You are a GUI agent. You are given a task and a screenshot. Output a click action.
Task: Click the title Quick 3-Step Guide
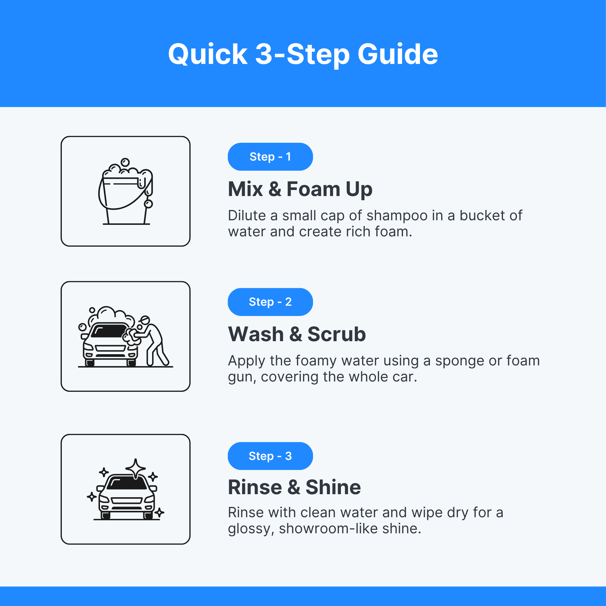click(303, 54)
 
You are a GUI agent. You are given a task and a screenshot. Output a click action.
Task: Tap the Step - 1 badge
click(270, 157)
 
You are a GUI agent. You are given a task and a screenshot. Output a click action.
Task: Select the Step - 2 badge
click(270, 302)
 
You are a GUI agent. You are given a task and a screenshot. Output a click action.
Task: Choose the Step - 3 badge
click(270, 456)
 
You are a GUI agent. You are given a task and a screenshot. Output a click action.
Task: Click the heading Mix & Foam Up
click(300, 189)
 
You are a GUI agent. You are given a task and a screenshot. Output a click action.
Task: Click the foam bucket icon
click(125, 191)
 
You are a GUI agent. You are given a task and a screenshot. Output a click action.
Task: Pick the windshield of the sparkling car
click(126, 483)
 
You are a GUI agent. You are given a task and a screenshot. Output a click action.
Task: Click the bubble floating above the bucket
click(125, 162)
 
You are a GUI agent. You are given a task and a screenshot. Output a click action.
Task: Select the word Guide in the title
click(398, 54)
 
